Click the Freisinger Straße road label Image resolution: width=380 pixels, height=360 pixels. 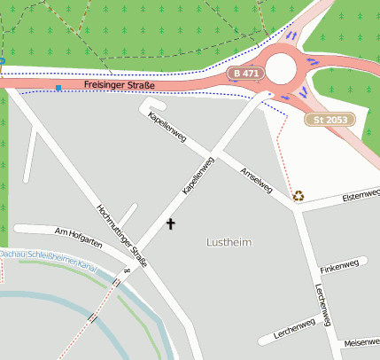(119, 85)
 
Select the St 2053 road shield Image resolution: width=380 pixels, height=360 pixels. (330, 119)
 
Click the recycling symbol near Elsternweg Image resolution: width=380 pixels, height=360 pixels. (299, 196)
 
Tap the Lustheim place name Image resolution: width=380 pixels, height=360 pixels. (229, 242)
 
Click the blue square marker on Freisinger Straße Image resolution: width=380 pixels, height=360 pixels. (58, 88)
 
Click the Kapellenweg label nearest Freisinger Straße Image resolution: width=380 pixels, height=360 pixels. (168, 127)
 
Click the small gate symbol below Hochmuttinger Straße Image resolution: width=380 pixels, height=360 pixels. (128, 270)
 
